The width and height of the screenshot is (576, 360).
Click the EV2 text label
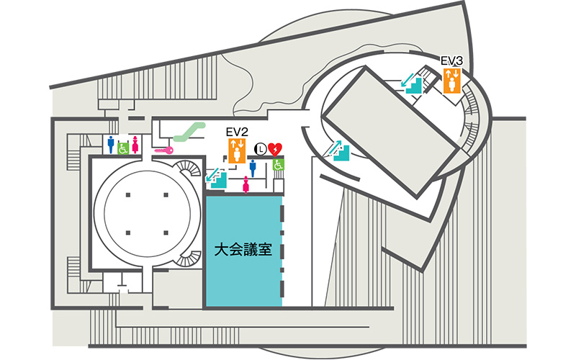(236, 132)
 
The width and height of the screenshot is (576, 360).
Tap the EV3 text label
(452, 60)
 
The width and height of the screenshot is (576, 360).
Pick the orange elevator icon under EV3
(452, 78)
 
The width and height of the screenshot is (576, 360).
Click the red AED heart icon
(275, 149)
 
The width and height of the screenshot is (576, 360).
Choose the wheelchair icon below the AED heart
(279, 165)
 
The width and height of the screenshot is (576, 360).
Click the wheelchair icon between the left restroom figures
(122, 148)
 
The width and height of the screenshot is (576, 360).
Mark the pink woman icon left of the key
(135, 144)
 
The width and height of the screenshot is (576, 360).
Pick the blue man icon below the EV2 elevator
(252, 166)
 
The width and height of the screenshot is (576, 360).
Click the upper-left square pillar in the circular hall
(128, 196)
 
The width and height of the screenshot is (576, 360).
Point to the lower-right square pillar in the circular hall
(166, 232)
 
